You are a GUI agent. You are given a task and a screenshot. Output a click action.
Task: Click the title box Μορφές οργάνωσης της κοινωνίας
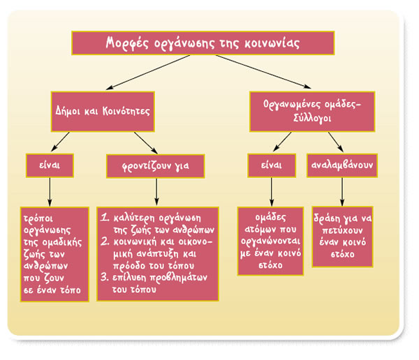(x=203, y=43)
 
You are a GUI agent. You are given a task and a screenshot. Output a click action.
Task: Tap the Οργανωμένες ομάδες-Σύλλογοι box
(x=311, y=110)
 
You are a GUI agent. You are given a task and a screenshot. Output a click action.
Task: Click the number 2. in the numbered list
(x=103, y=241)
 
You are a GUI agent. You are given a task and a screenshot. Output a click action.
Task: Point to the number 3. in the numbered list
(x=103, y=277)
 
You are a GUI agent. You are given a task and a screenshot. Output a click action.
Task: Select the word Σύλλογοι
(x=311, y=119)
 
